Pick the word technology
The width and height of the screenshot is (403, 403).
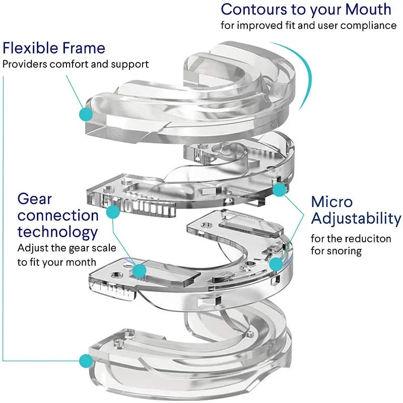click(x=57, y=232)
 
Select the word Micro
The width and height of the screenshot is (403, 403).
click(x=332, y=201)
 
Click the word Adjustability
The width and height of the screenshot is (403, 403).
click(x=356, y=219)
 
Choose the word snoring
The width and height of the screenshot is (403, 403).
click(x=344, y=250)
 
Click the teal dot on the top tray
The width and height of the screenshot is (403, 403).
click(x=86, y=114)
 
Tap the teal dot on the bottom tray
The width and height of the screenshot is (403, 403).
click(x=86, y=360)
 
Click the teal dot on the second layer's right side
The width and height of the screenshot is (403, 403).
click(x=279, y=189)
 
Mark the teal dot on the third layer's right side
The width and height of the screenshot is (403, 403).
click(x=276, y=263)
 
